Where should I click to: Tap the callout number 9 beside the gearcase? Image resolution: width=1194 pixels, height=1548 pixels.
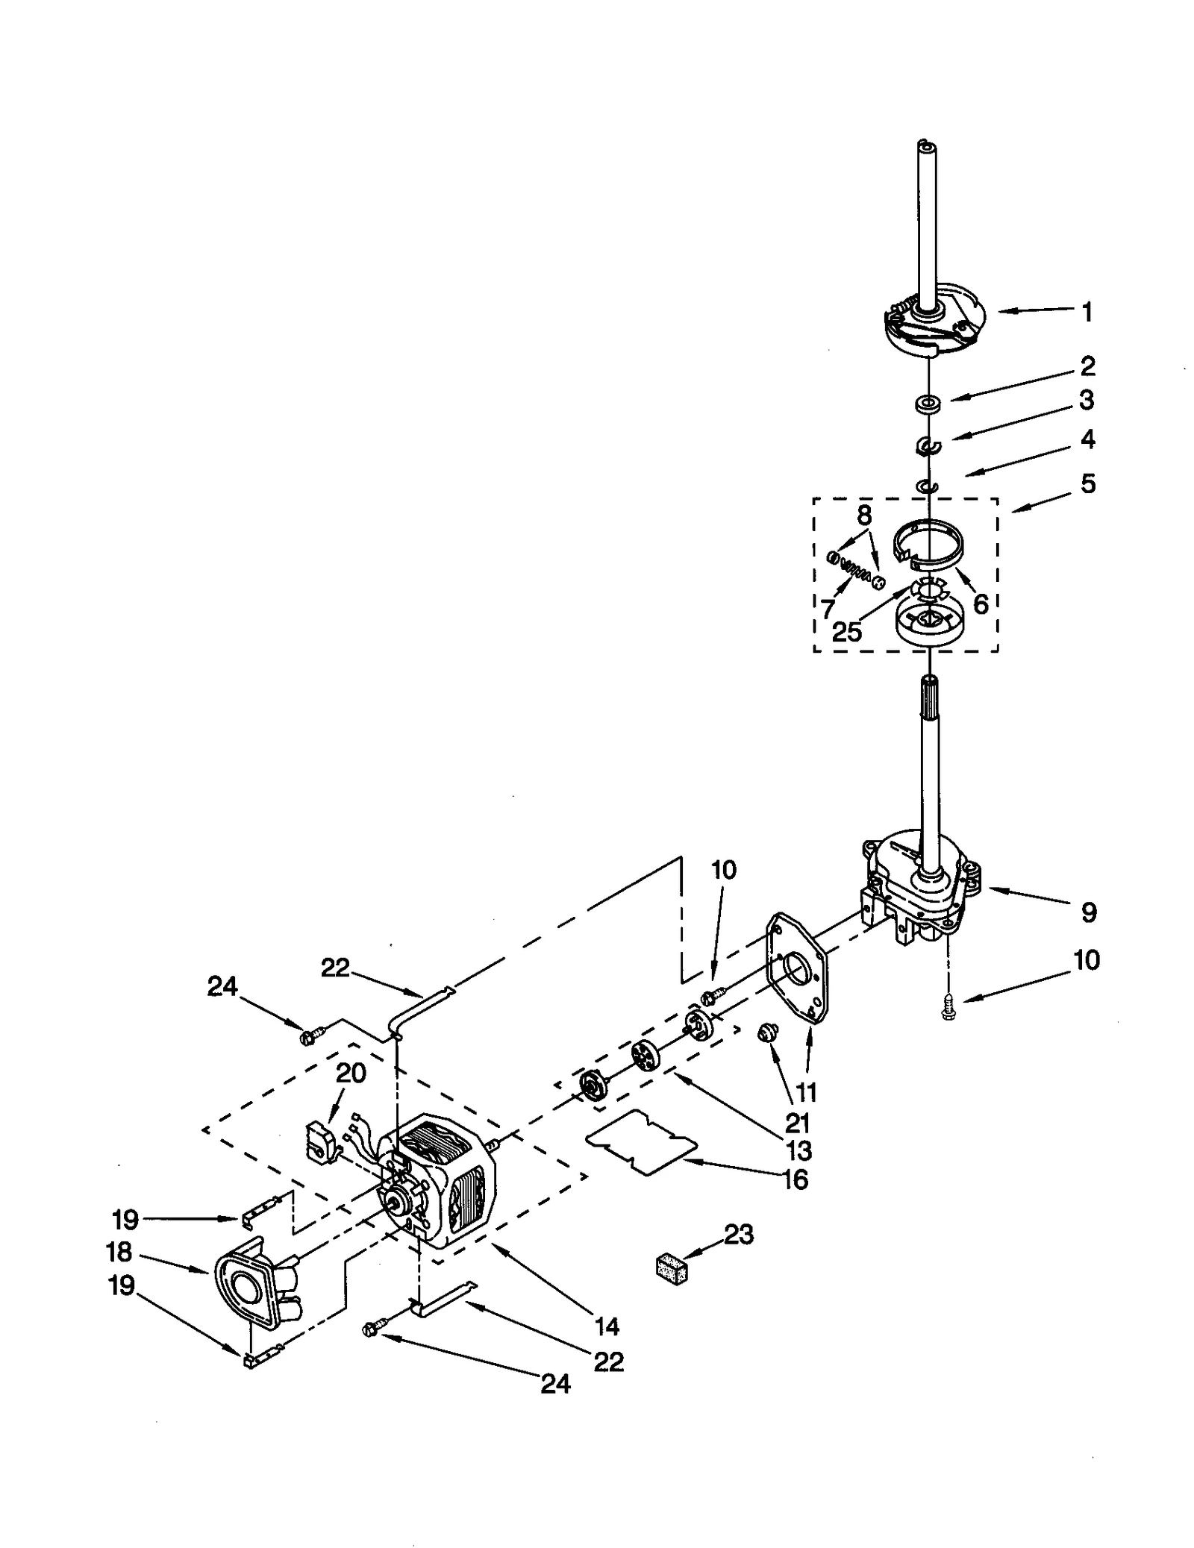coord(1088,912)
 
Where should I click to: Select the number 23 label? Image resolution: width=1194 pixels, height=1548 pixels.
coord(738,1235)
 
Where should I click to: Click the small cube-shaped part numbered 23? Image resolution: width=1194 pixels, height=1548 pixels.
coord(671,1269)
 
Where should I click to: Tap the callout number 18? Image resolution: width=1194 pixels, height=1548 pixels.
coord(119,1251)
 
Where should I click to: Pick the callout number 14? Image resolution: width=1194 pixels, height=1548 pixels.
coord(607,1326)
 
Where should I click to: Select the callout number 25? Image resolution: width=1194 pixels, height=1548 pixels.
coord(846,632)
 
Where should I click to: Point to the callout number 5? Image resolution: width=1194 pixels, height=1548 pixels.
coord(1087,483)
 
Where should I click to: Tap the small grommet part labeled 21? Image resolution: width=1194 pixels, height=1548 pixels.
coord(763,1032)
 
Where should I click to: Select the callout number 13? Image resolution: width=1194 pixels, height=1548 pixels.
coord(798,1150)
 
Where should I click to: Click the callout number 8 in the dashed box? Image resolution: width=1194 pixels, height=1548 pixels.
coord(863,515)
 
